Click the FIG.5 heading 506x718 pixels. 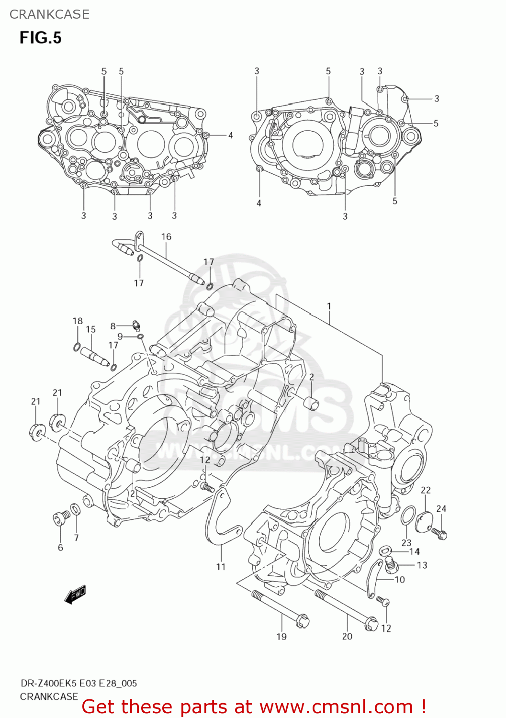pos(40,37)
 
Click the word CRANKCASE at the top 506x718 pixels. pos(49,14)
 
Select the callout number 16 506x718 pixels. pos(166,236)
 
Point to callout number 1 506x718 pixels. pos(329,306)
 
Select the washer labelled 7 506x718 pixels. pos(75,509)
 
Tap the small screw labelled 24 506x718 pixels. pos(439,533)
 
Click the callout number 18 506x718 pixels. pos(78,321)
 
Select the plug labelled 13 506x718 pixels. pos(391,566)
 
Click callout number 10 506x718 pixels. pos(399,580)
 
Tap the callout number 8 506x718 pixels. pos(113,326)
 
